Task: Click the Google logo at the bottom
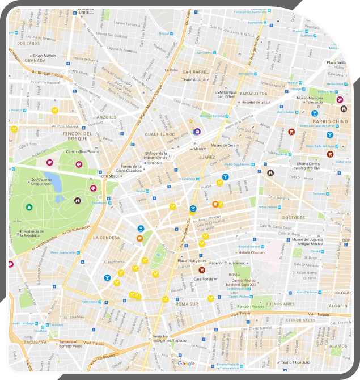186,364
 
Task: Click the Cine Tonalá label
204,279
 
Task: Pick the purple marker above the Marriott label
197,132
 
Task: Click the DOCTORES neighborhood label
294,217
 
